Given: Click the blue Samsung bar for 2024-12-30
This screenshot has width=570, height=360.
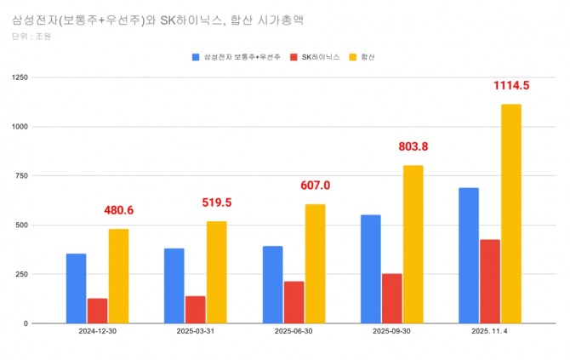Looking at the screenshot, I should [77, 289].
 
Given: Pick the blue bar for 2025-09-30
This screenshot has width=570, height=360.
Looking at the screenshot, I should [370, 269].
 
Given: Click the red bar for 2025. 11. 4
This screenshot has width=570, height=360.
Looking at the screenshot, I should [490, 282].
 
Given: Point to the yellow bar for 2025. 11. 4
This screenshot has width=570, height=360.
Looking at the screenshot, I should [511, 214].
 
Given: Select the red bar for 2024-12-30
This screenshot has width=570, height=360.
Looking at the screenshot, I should [98, 311].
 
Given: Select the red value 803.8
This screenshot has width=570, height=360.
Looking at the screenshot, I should [413, 146].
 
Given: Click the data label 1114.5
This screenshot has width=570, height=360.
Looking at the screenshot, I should [511, 85].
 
